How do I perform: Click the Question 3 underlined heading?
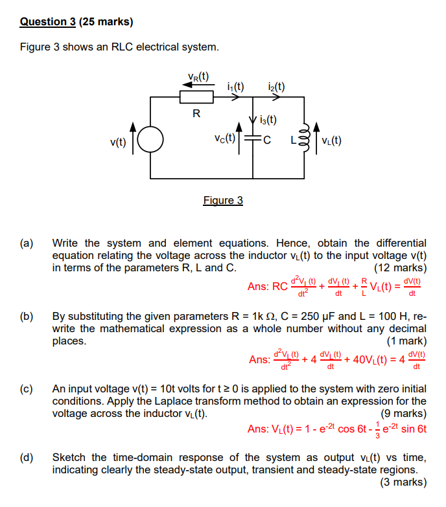click(x=48, y=21)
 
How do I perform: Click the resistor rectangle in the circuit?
click(x=196, y=97)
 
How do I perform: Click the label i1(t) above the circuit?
click(x=235, y=85)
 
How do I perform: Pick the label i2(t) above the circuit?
click(x=276, y=85)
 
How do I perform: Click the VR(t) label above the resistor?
click(x=197, y=77)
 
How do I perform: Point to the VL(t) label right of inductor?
click(x=332, y=140)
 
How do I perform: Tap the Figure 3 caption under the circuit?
click(x=223, y=200)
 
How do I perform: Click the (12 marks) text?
click(x=401, y=267)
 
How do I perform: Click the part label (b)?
click(x=27, y=317)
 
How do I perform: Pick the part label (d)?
click(x=27, y=457)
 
